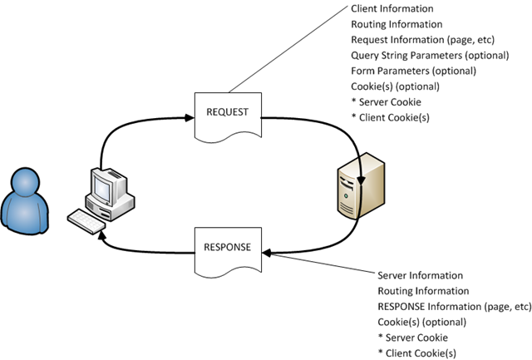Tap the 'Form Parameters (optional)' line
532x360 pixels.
coord(402,71)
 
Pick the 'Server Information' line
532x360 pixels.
coord(420,275)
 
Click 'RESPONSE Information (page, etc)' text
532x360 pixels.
coord(454,306)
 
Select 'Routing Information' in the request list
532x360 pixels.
coord(397,25)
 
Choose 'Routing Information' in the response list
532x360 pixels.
coord(423,291)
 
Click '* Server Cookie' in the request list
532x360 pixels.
coord(388,101)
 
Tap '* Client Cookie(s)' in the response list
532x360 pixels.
coord(416,353)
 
